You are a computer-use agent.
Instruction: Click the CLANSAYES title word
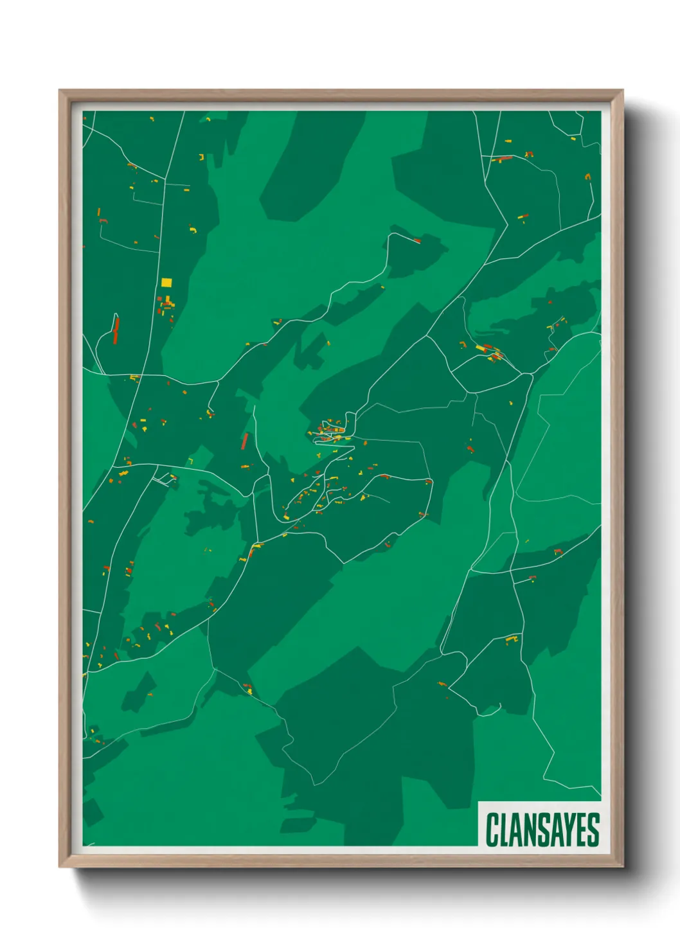click(542, 830)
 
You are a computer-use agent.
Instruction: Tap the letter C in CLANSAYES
click(493, 830)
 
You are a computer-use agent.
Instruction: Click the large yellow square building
click(166, 282)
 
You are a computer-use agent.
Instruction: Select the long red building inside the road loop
click(116, 332)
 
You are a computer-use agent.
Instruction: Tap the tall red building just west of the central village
click(244, 441)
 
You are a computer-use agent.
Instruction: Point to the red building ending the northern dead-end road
click(416, 241)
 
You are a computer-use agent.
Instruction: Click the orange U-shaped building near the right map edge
click(587, 175)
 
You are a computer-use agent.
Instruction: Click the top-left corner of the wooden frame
click(60, 91)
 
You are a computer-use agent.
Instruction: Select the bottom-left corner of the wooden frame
click(60, 866)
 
